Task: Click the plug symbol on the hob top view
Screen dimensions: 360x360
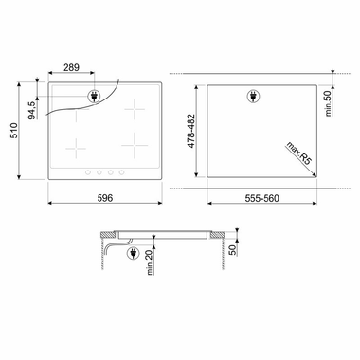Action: click(x=95, y=95)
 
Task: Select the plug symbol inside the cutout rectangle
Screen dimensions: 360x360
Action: click(x=253, y=94)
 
